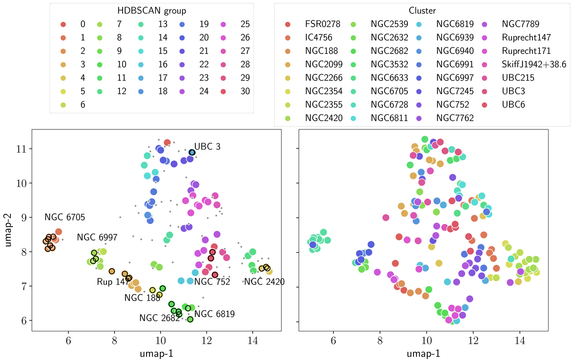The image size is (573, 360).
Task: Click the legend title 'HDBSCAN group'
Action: [152, 10]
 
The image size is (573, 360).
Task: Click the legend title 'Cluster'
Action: [421, 10]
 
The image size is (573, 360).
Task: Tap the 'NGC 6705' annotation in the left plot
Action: [65, 217]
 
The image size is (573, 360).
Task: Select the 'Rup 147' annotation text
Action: [110, 282]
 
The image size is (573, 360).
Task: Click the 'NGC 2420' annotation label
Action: [264, 282]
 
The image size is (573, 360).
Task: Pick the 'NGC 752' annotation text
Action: [212, 282]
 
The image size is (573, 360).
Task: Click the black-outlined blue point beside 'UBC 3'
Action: [192, 152]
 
